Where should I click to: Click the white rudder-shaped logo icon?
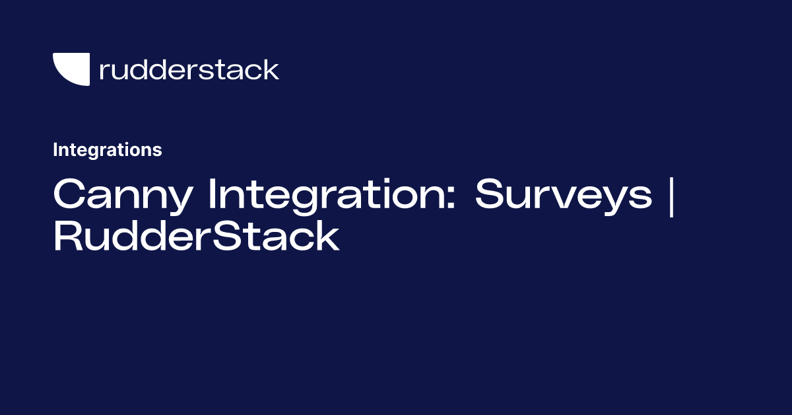[x=71, y=69]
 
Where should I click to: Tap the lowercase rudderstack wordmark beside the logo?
[x=189, y=69]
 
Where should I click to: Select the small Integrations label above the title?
[x=107, y=150]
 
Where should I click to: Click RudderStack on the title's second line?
[x=196, y=237]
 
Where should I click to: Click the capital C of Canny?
[x=68, y=195]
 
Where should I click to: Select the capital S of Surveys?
[x=490, y=195]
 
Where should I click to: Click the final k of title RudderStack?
[x=327, y=237]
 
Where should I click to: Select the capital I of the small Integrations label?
[x=55, y=150]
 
